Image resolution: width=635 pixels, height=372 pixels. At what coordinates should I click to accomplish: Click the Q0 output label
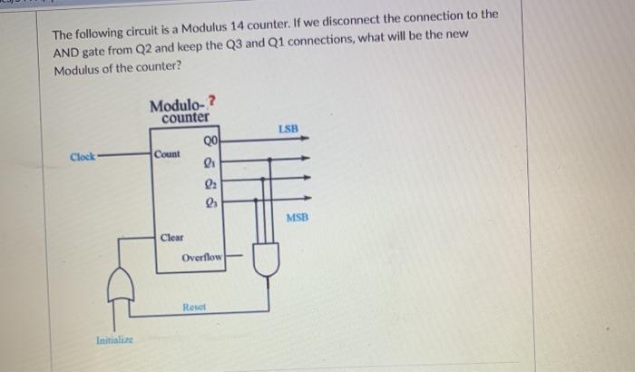point(211,140)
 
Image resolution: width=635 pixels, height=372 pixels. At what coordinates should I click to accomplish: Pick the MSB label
point(298,218)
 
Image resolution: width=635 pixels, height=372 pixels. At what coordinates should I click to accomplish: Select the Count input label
point(168,155)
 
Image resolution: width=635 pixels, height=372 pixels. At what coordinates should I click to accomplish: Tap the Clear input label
point(171,238)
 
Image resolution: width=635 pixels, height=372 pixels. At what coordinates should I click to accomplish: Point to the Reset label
point(192,308)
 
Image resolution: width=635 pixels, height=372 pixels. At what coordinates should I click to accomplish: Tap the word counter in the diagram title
point(185,118)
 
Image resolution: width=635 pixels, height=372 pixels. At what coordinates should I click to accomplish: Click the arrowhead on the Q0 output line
point(308,140)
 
